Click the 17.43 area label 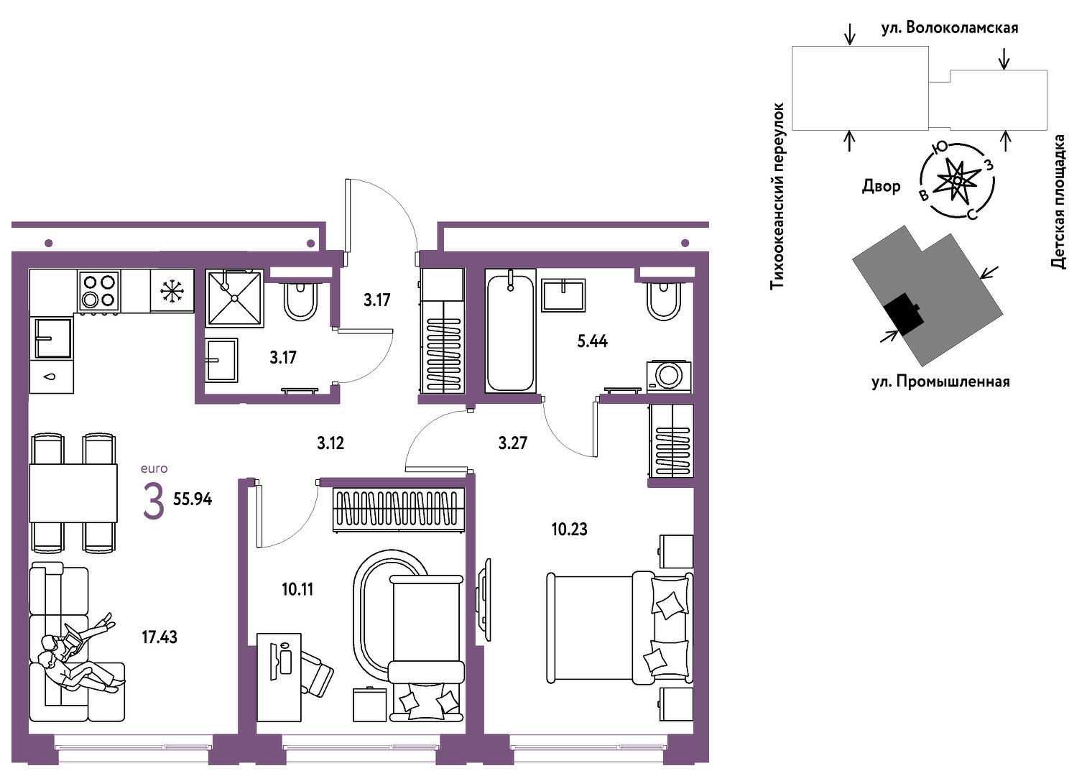[159, 637]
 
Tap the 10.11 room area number [297, 590]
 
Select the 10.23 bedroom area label [569, 529]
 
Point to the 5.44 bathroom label [592, 341]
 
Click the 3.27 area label [512, 443]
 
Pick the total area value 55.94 [193, 499]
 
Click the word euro [154, 468]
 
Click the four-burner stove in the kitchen [99, 291]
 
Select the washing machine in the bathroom [669, 376]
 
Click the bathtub [510, 331]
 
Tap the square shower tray [235, 298]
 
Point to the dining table [73, 493]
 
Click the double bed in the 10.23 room [620, 628]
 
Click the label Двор [882, 186]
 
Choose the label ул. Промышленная [940, 382]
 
